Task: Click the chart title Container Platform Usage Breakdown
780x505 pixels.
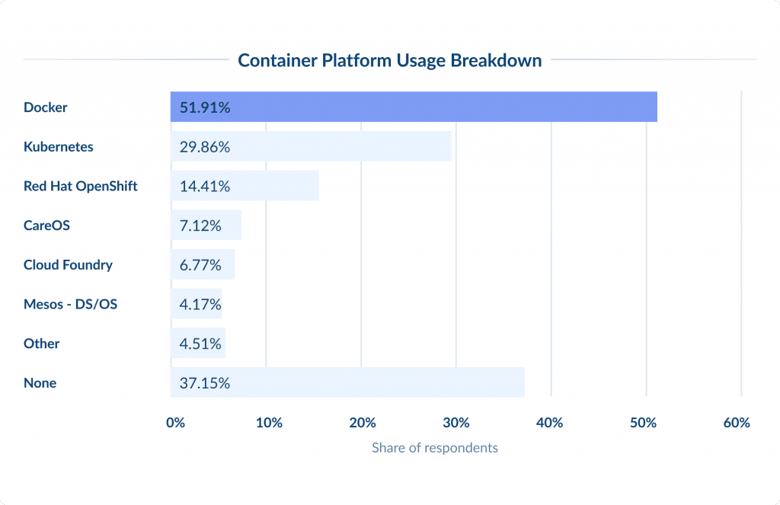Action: click(x=389, y=60)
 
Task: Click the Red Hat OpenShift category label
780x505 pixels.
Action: click(x=81, y=186)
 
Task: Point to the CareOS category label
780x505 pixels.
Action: click(x=47, y=225)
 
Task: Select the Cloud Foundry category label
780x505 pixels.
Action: click(x=68, y=265)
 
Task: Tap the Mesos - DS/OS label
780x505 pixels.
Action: click(x=70, y=305)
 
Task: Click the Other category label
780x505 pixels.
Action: click(x=41, y=344)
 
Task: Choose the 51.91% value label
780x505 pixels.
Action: click(x=205, y=107)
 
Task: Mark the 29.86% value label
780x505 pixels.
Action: click(x=205, y=147)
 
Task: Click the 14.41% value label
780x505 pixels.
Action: click(x=205, y=186)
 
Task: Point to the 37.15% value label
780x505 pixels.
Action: click(x=205, y=383)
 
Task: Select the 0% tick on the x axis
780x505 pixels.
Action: click(x=175, y=423)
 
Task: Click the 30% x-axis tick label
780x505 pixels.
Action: click(x=456, y=423)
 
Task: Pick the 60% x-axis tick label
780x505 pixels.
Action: click(x=737, y=423)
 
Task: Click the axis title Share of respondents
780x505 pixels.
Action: click(x=434, y=448)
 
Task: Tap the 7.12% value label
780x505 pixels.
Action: click(x=200, y=225)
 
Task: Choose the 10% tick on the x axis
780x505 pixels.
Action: click(x=269, y=423)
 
